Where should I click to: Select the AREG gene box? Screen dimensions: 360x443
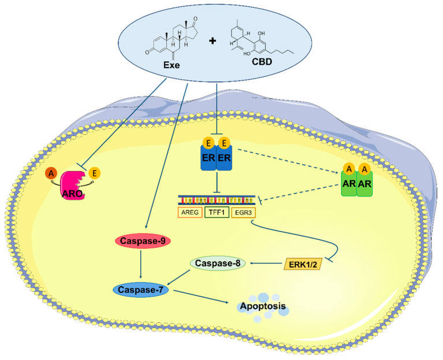pos(191,212)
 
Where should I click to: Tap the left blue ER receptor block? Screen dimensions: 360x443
pos(207,159)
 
